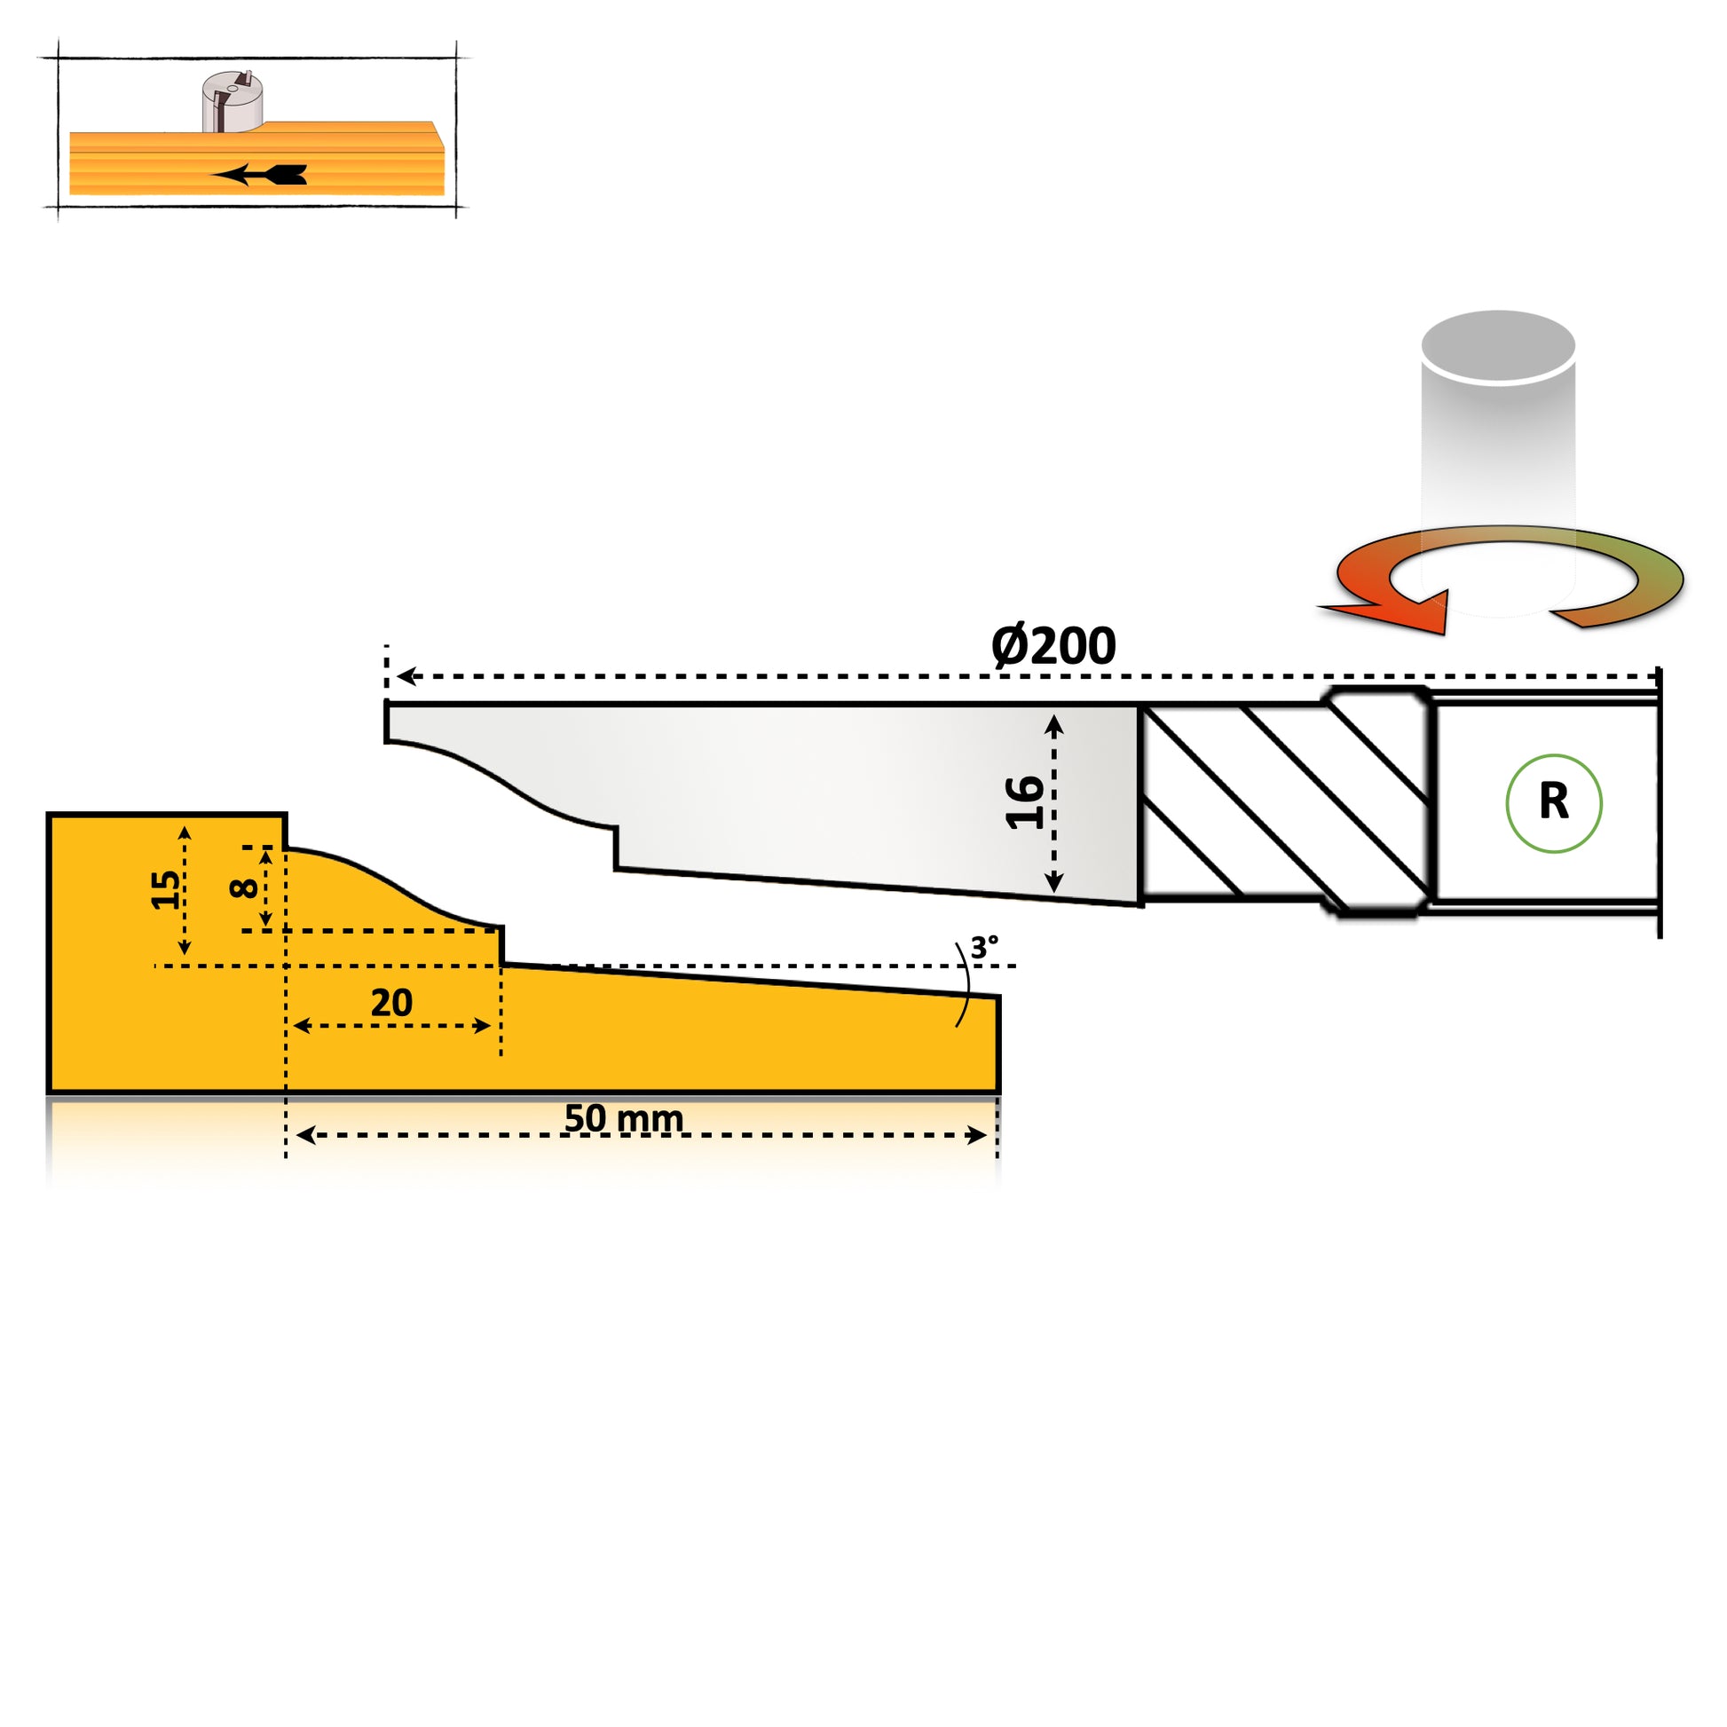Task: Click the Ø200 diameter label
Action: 1053,646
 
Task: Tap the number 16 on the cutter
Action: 1024,803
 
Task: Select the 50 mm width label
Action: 623,1118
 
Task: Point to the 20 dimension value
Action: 391,1003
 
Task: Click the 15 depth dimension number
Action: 164,889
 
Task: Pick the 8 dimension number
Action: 243,887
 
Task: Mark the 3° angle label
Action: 984,948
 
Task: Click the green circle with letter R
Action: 1554,803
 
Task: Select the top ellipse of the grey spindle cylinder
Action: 1498,346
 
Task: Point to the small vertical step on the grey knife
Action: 616,848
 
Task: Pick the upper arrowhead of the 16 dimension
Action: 1054,724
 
